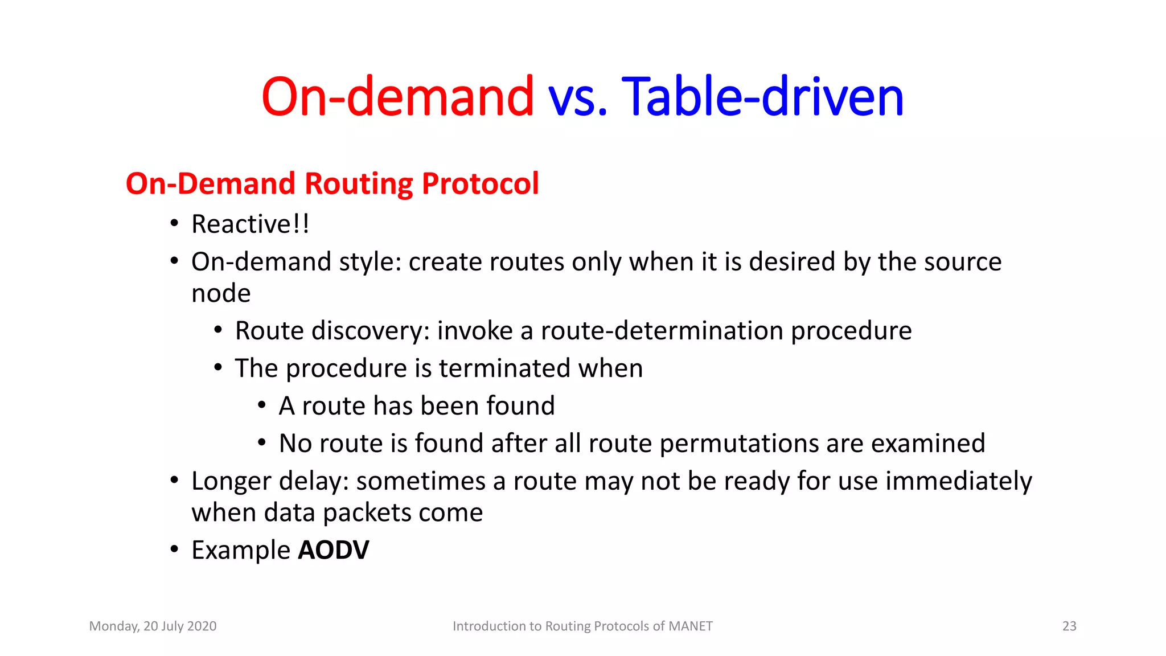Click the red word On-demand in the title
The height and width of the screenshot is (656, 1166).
[397, 97]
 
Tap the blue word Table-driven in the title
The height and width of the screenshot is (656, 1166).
[762, 97]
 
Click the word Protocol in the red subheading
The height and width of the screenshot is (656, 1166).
[480, 183]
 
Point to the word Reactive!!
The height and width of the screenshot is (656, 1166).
[251, 224]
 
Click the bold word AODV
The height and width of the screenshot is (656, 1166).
[334, 550]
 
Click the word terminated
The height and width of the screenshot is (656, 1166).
[505, 368]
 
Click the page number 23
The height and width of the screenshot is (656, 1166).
[1069, 626]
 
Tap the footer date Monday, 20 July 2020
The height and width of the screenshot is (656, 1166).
[153, 626]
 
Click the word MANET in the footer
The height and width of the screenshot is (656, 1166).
[690, 626]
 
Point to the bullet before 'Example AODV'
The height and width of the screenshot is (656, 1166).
[175, 550]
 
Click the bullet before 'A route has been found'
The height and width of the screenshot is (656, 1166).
[262, 405]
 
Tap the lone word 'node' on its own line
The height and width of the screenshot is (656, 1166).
[221, 294]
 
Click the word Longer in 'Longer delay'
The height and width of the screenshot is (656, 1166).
[231, 482]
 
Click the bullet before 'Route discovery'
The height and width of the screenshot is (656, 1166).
[218, 330]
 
